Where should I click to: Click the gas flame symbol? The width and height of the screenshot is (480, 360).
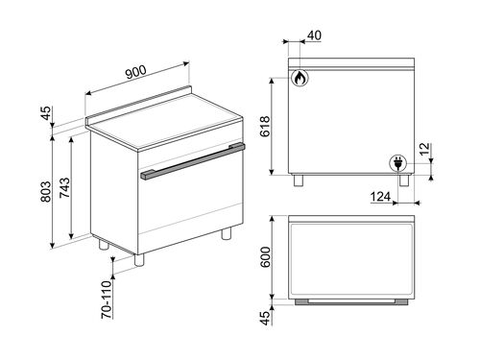[300, 77]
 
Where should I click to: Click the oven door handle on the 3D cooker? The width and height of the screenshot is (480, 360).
[192, 161]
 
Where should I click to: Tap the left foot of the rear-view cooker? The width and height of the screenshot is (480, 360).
[300, 179]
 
